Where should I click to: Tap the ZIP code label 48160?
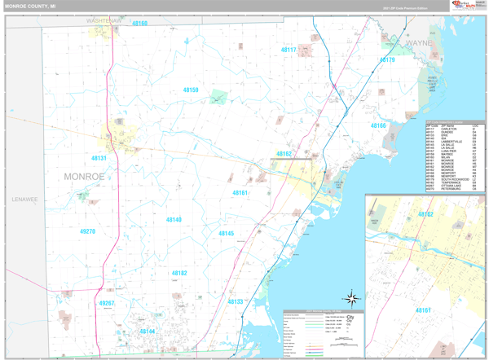pyautogui.click(x=139, y=24)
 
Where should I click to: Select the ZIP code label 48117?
pyautogui.click(x=289, y=50)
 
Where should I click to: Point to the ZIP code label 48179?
pyautogui.click(x=386, y=60)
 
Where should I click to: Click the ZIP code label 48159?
pyautogui.click(x=191, y=90)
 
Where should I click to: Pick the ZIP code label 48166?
pyautogui.click(x=379, y=126)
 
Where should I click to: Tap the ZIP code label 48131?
pyautogui.click(x=99, y=158)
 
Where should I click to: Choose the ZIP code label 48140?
pyautogui.click(x=174, y=220)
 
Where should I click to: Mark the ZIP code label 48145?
pyautogui.click(x=226, y=234)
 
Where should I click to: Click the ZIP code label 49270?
pyautogui.click(x=87, y=231)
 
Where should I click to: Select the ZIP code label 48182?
pyautogui.click(x=179, y=274)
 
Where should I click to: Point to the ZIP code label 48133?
pyautogui.click(x=235, y=302)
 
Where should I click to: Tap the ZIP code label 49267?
pyautogui.click(x=106, y=303)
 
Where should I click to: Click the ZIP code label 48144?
pyautogui.click(x=147, y=331)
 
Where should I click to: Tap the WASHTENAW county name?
pyautogui.click(x=104, y=20)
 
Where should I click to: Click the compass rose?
pyautogui.click(x=351, y=298)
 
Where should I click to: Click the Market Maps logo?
pyautogui.click(x=461, y=6)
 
